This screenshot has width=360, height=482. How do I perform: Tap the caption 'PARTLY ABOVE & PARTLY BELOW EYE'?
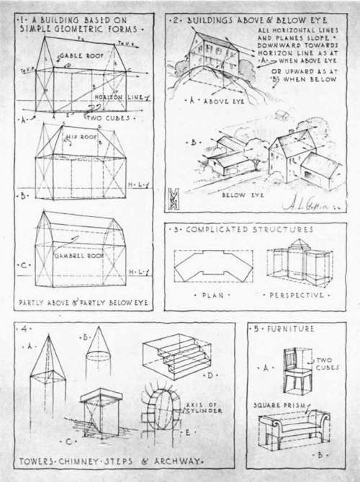(84, 302)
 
